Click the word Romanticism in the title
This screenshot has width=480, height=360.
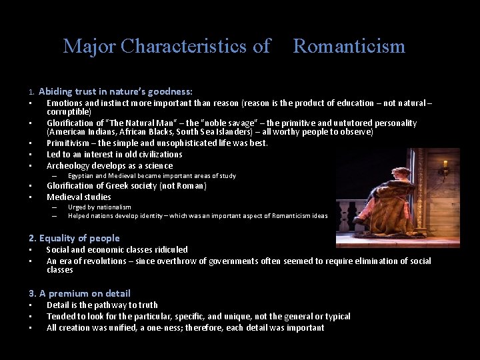349,46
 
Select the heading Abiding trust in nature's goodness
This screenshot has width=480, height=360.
115,91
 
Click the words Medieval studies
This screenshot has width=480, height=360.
79,197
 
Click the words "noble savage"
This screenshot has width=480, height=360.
213,123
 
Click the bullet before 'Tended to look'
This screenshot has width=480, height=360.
31,317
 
